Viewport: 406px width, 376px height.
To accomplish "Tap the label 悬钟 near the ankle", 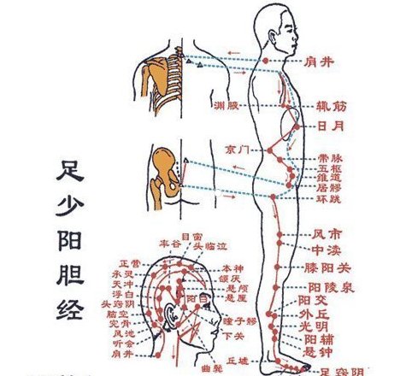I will tap(319, 350).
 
